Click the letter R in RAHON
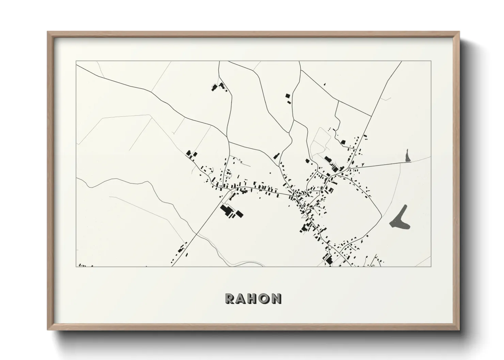click(230, 298)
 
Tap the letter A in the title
click(241, 298)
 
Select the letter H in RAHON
click(252, 298)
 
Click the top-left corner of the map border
click(76, 61)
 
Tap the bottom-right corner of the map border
click(431, 266)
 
